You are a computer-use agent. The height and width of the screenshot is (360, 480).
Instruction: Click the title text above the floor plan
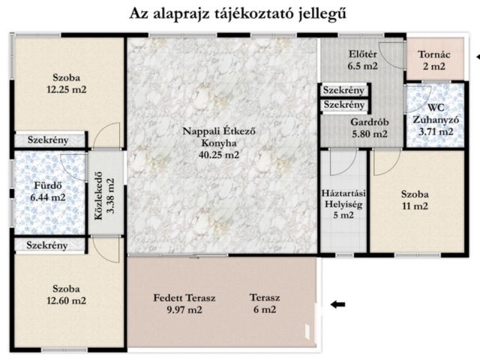(x=239, y=14)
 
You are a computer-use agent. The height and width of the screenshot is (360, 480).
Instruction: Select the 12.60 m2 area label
(x=67, y=301)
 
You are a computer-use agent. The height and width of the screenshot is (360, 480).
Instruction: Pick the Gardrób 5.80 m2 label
(x=368, y=128)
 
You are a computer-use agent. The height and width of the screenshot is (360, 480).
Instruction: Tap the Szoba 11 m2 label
(x=414, y=199)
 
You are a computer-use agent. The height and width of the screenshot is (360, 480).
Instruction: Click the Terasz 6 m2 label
(x=264, y=304)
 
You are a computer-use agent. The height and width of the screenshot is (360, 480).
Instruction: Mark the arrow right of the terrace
(x=338, y=304)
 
